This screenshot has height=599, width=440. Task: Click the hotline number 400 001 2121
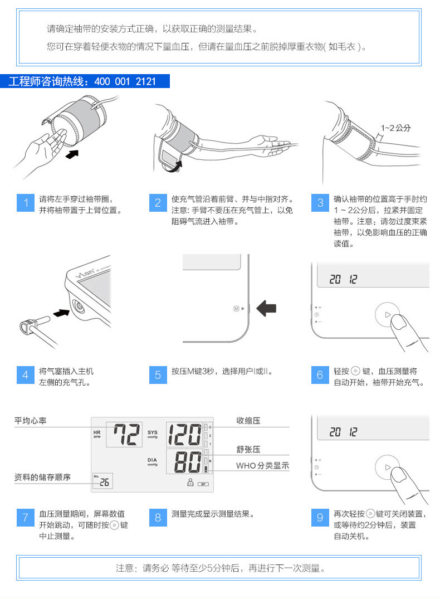click(125, 81)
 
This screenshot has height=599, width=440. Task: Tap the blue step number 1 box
click(25, 203)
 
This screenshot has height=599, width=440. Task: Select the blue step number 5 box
click(158, 375)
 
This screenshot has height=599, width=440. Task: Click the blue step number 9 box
click(320, 518)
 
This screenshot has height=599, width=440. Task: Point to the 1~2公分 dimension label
click(395, 128)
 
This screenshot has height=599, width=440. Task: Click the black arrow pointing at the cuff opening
click(72, 154)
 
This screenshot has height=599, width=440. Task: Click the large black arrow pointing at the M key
click(266, 308)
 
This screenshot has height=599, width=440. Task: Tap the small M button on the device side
click(236, 308)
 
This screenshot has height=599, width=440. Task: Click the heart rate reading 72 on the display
click(126, 435)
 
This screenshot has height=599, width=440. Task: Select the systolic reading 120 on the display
click(184, 435)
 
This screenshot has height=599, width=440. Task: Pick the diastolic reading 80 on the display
click(188, 462)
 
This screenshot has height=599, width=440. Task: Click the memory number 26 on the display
click(104, 483)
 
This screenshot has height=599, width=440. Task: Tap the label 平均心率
click(30, 421)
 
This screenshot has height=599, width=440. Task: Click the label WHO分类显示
click(262, 466)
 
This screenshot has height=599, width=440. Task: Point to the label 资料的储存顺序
click(42, 477)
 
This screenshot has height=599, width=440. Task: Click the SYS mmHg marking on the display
click(153, 435)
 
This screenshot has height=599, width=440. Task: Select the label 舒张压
click(248, 449)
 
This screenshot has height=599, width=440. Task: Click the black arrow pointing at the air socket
click(61, 313)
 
